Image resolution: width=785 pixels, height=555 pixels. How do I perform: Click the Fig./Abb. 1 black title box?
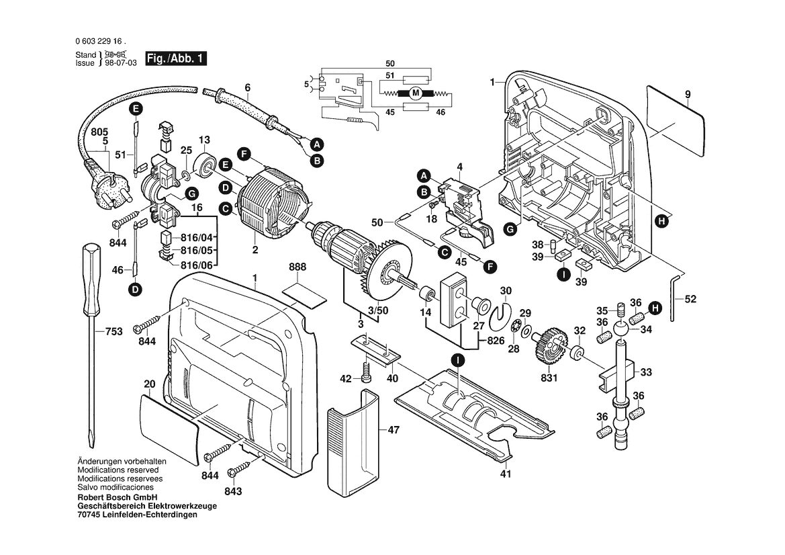point(176,58)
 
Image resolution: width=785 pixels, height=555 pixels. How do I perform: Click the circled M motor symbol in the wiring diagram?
point(415,93)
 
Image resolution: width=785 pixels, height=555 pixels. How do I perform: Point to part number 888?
point(297,267)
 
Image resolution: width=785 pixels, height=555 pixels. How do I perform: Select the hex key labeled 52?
point(674,296)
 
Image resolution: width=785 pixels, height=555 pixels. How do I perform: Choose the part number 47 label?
point(394,429)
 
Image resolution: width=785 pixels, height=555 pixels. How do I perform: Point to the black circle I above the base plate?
point(457,359)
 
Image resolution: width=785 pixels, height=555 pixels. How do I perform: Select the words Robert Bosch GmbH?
point(118,497)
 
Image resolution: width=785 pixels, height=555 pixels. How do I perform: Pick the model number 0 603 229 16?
point(100,42)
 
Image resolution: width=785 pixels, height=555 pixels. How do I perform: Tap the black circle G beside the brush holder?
point(191,194)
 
